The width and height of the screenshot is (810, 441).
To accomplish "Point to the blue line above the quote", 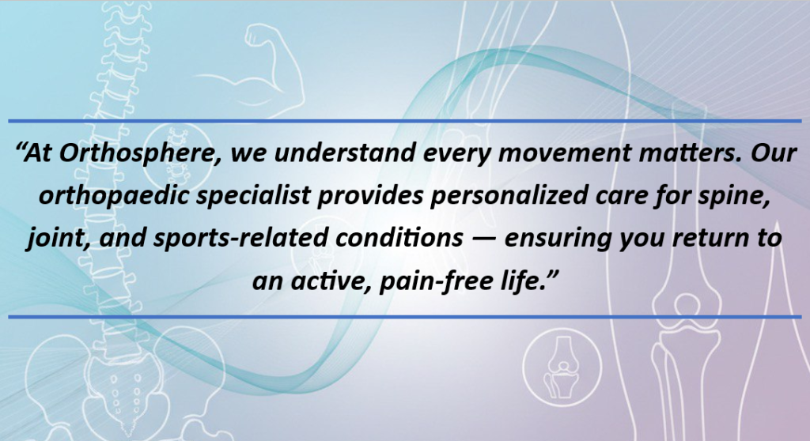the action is coord(405,121).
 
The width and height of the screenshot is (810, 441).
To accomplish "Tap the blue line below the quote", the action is coord(405,317).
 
